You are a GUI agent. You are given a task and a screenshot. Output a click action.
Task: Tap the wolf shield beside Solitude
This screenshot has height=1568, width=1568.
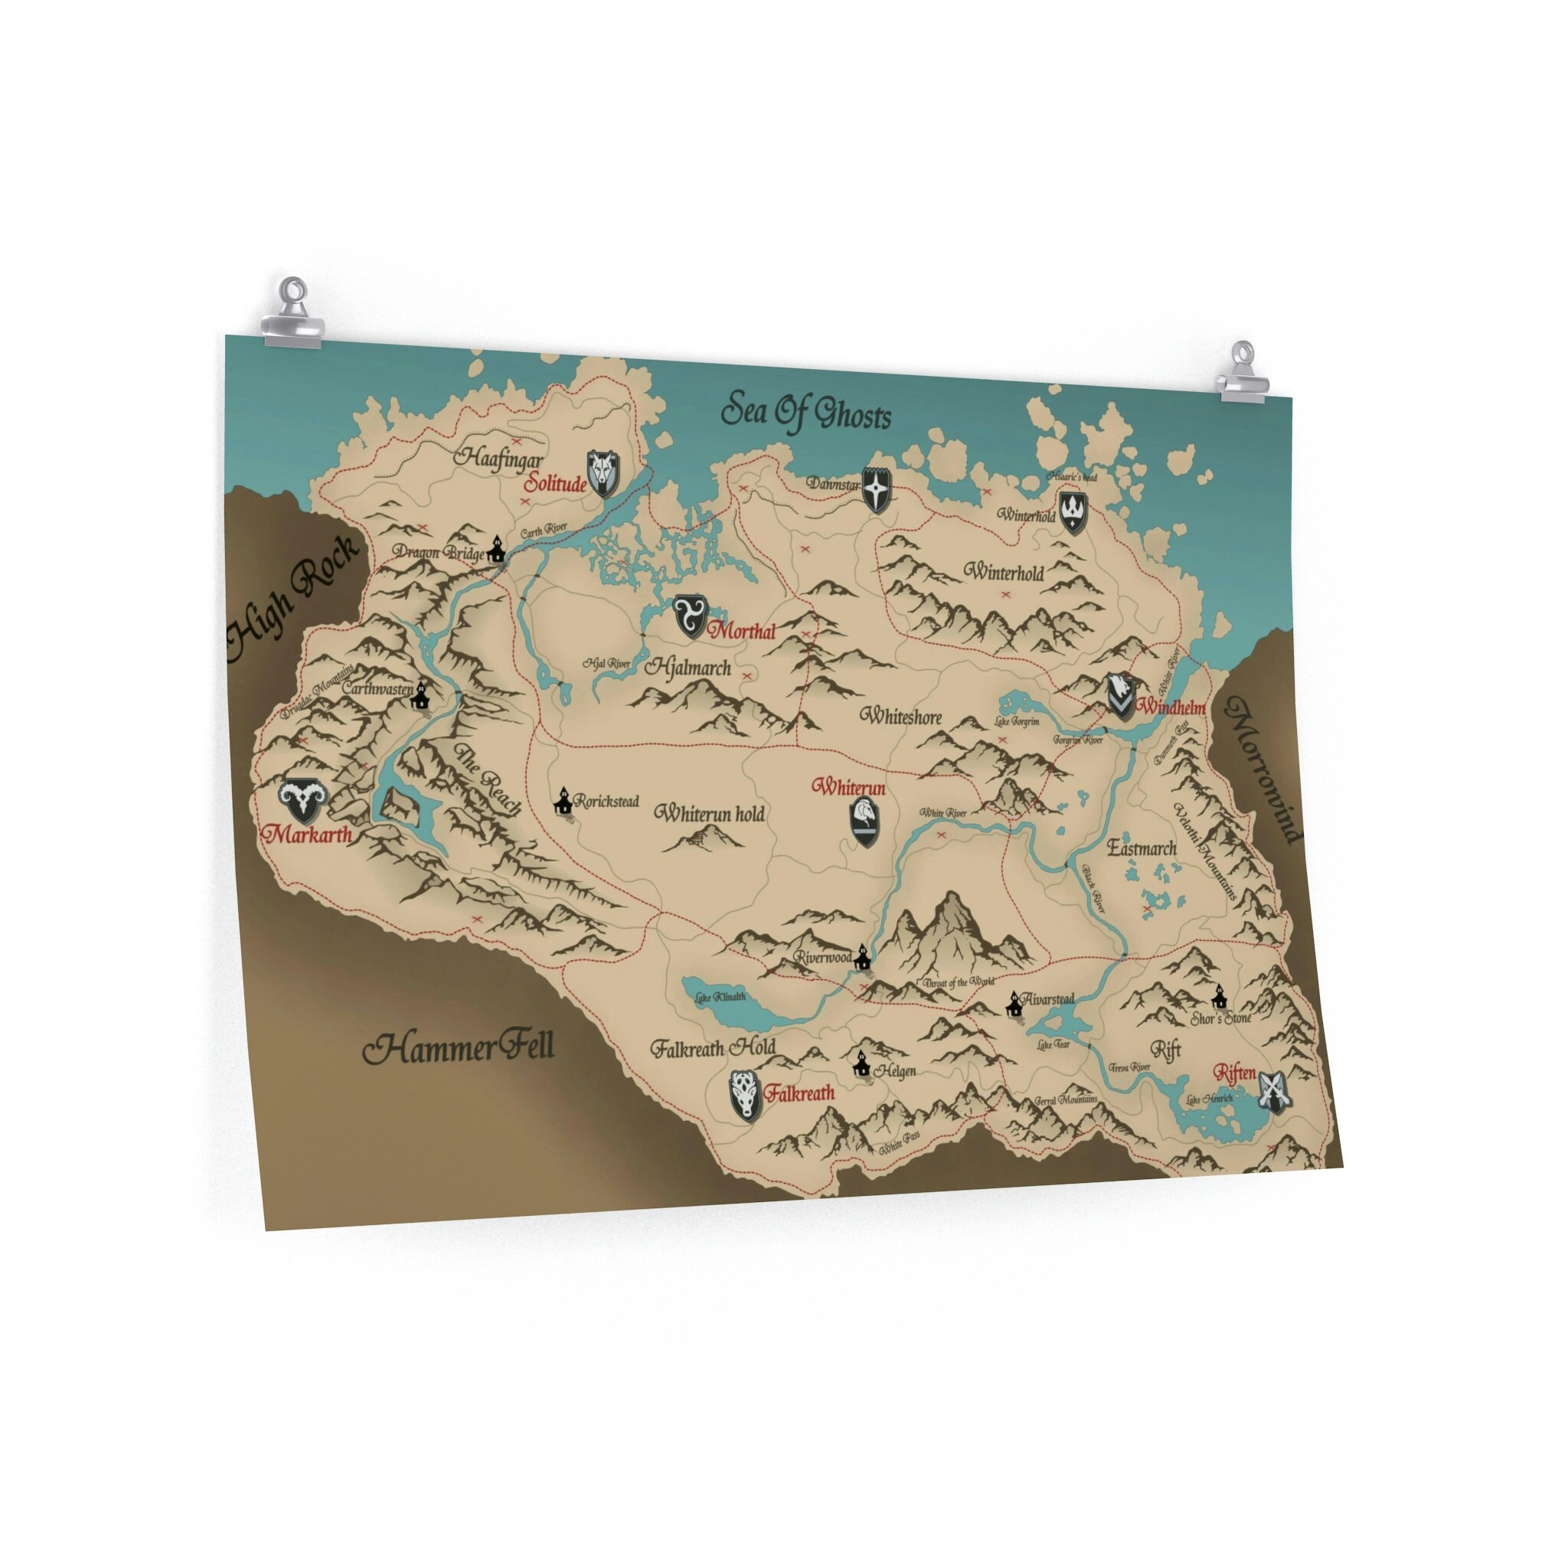(603, 474)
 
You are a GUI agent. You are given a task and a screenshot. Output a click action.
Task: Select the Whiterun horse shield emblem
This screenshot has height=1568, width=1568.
(865, 822)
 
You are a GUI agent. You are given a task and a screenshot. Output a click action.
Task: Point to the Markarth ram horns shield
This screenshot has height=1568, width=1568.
(302, 801)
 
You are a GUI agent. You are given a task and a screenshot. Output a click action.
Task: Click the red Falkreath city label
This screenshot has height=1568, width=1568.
(799, 1093)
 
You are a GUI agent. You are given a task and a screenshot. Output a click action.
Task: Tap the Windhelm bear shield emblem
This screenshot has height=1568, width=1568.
(1121, 694)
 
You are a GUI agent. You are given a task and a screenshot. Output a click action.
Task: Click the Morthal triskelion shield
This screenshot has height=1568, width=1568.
(691, 616)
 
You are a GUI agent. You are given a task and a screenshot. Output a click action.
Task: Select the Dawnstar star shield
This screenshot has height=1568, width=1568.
(877, 488)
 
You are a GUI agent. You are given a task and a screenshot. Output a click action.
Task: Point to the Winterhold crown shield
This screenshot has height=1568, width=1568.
(1073, 512)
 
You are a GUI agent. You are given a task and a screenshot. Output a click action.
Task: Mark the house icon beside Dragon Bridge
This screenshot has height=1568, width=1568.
(496, 550)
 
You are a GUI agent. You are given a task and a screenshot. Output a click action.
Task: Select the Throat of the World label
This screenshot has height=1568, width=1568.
(958, 982)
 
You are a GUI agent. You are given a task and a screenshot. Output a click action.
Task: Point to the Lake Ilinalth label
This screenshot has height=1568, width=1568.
(720, 997)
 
